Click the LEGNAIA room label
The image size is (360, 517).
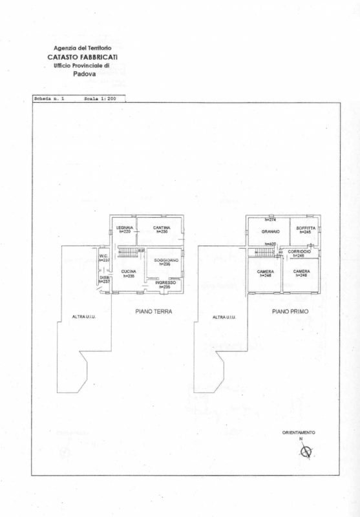click(x=125, y=227)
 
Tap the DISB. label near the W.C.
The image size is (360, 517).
click(x=103, y=278)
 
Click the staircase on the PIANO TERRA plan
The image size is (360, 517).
click(x=127, y=251)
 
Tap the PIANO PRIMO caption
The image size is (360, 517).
click(x=290, y=311)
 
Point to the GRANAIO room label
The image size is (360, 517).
click(x=270, y=231)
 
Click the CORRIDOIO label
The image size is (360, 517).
click(x=300, y=251)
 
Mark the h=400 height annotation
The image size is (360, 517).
click(x=271, y=244)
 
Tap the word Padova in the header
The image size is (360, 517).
click(x=85, y=74)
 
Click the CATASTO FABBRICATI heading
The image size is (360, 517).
click(x=83, y=57)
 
